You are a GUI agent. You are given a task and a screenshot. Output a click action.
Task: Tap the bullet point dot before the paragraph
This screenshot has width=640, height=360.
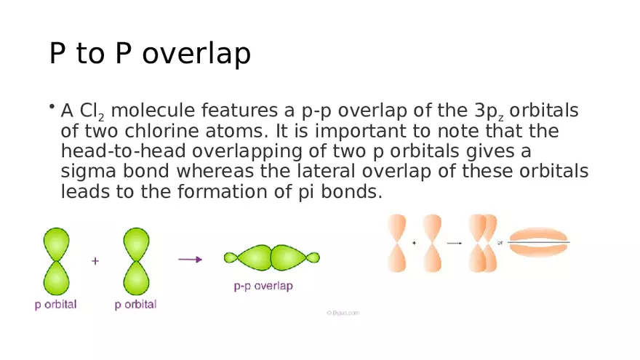coord(52,108)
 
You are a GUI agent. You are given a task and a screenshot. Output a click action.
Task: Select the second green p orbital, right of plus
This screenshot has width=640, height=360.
coord(136,261)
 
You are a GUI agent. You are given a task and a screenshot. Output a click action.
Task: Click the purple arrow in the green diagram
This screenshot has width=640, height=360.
coord(190,259)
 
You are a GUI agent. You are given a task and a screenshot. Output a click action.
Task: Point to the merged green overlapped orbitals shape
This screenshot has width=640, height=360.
coord(271,257)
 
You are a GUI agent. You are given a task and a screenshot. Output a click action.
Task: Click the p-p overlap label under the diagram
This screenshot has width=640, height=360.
coord(263,287)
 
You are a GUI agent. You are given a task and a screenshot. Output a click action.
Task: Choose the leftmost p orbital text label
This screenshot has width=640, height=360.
coord(55,305)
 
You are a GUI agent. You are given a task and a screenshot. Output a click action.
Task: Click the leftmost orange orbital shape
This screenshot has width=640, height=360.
coord(398,243)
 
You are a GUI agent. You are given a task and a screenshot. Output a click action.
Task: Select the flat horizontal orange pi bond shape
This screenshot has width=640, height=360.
coord(538,243)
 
